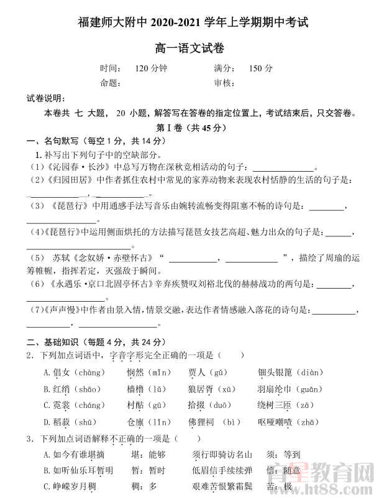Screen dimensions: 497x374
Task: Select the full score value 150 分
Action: point(260,68)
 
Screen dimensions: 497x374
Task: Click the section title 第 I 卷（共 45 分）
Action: point(186,128)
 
